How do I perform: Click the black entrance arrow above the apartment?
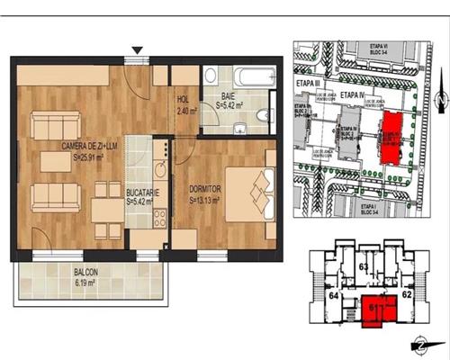point(137,50)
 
